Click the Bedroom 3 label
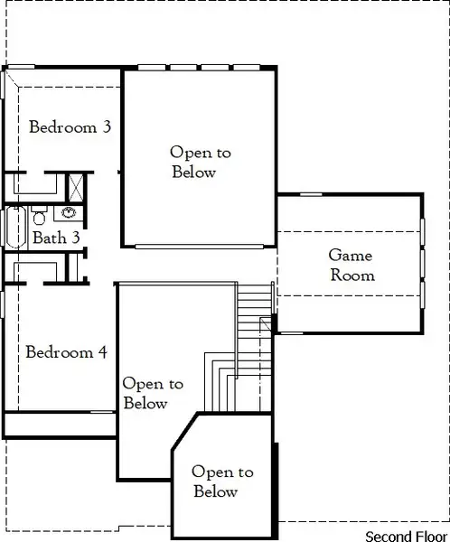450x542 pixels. coord(70,127)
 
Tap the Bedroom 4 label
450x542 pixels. coord(72,352)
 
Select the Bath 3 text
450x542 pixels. coord(57,238)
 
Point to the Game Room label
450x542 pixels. coord(351,265)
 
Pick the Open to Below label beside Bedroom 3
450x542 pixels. coord(194,163)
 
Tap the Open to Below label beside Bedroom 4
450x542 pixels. coord(152,394)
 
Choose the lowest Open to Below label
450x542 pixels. coord(222,482)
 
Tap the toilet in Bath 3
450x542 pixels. coord(39,217)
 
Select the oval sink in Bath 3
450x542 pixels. coord(68,215)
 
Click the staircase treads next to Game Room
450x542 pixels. coord(254,307)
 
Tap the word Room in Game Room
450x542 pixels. coord(352,275)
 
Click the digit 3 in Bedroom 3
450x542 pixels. coord(107,127)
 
